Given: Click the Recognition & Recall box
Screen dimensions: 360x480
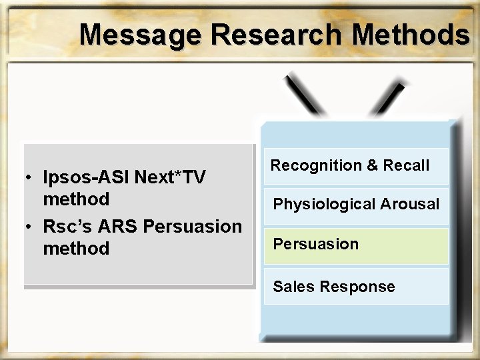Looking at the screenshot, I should (x=355, y=166).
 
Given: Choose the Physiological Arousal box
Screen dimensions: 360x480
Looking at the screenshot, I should (x=355, y=205).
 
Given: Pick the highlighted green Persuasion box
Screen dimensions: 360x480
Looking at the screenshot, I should (x=355, y=245).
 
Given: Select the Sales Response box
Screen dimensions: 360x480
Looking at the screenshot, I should (x=355, y=287).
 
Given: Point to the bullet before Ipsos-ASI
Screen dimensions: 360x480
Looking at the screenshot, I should (x=31, y=178).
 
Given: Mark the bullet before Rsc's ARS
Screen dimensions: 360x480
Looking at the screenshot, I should (x=31, y=227).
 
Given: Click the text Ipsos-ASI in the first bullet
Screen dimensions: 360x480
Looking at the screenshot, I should (x=87, y=177).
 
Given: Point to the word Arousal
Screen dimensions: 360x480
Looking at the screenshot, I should (x=409, y=205).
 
